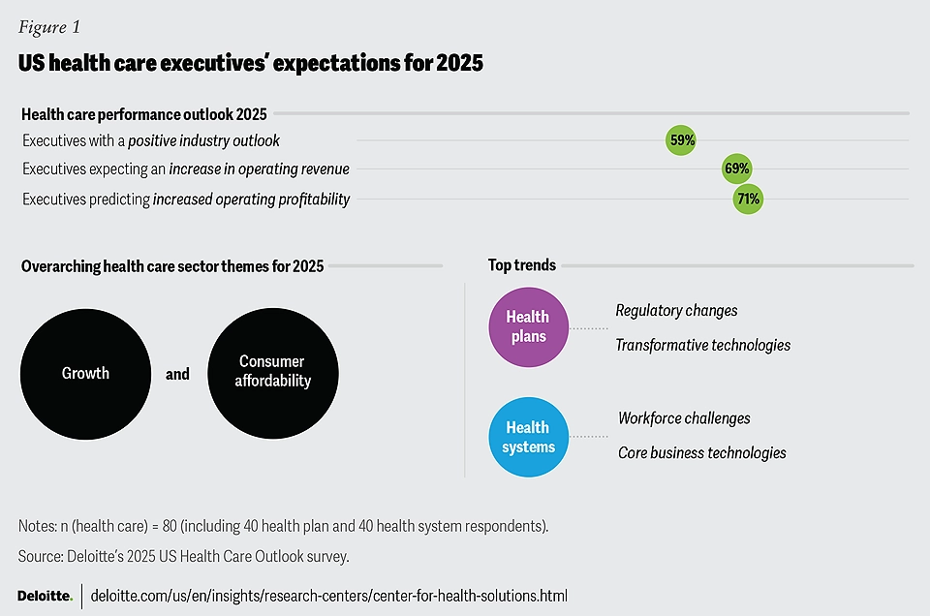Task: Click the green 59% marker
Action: click(x=681, y=140)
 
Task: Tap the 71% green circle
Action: click(x=748, y=200)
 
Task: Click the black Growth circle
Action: click(x=85, y=373)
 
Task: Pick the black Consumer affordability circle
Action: click(x=273, y=373)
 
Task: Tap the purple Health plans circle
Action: click(x=527, y=327)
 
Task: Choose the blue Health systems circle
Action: click(x=528, y=437)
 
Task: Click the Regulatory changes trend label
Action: click(x=676, y=311)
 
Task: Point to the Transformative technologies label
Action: click(x=702, y=345)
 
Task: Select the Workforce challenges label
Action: click(x=684, y=418)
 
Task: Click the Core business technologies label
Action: click(x=701, y=452)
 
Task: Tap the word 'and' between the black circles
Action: click(x=177, y=374)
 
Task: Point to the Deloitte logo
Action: click(x=45, y=595)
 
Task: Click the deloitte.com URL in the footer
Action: click(x=328, y=595)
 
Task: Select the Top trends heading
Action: click(x=521, y=265)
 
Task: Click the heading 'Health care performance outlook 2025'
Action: click(x=144, y=114)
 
